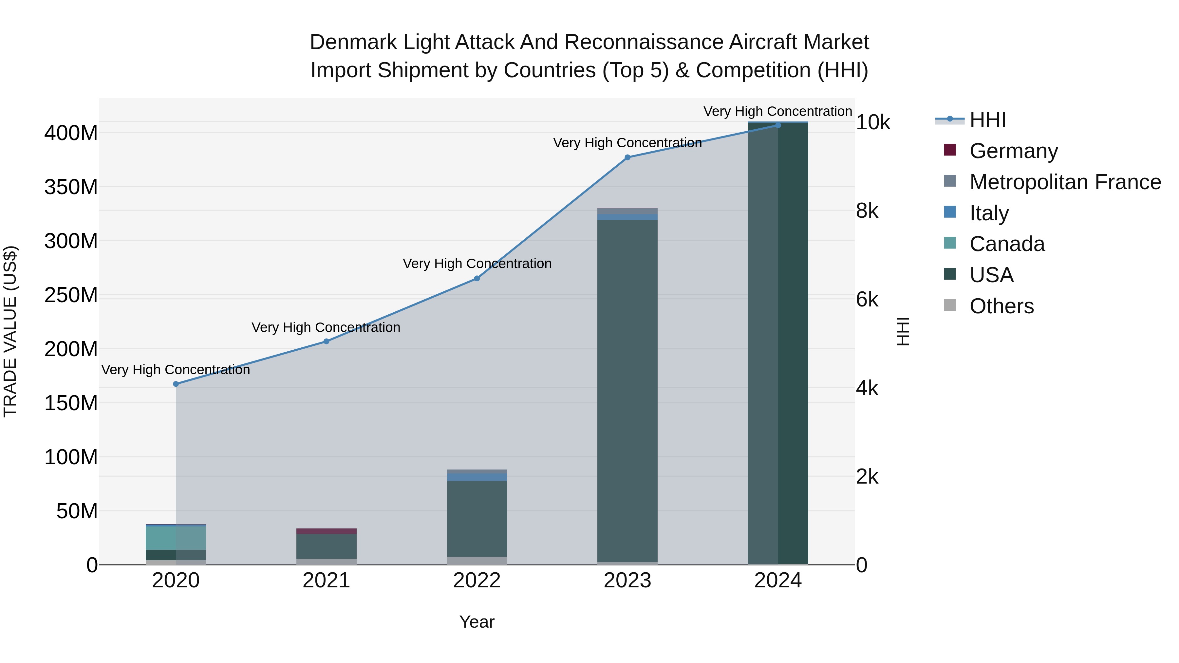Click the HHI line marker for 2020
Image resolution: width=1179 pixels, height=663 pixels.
[x=176, y=384]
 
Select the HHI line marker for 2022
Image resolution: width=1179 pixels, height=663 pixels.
[x=477, y=278]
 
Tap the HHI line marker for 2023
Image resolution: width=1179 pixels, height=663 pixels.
[x=627, y=157]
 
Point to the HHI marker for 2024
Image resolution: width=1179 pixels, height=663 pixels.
[x=778, y=125]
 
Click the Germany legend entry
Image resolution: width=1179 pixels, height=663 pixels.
[x=1013, y=151]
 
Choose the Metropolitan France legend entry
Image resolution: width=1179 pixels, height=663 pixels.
[x=1065, y=182]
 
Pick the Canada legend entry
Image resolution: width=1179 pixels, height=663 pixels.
[x=1007, y=244]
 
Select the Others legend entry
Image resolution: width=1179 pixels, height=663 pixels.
[x=1001, y=306]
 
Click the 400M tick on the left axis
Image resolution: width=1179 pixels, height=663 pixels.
[x=71, y=134]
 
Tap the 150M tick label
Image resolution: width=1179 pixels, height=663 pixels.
[x=71, y=403]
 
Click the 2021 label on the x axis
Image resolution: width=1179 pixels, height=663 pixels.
[x=326, y=580]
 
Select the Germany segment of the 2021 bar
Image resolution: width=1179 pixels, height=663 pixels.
[x=326, y=531]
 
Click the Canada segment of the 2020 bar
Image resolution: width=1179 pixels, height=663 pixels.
[x=176, y=538]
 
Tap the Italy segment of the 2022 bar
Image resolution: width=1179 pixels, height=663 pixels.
[x=477, y=477]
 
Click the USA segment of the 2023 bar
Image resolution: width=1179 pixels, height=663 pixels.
[x=627, y=389]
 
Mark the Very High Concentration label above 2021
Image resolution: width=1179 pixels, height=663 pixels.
[x=326, y=328]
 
